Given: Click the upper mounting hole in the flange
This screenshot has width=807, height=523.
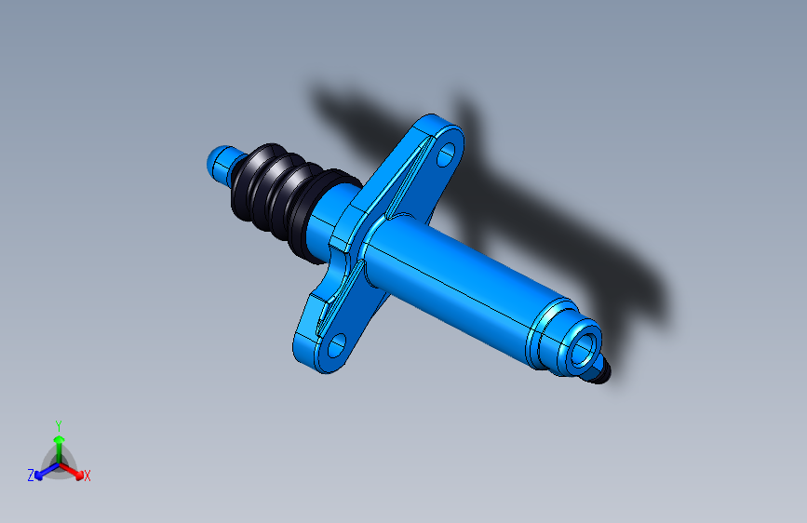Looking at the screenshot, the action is point(446,154).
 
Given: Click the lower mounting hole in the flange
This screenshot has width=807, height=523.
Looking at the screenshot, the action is point(336,345).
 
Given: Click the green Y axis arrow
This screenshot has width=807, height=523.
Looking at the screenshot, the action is point(60,449).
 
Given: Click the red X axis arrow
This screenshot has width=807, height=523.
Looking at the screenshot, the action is point(71,471).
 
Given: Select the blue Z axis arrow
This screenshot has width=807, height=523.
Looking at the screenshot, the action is point(47,472).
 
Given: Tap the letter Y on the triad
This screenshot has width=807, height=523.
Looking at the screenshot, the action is point(59,425).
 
